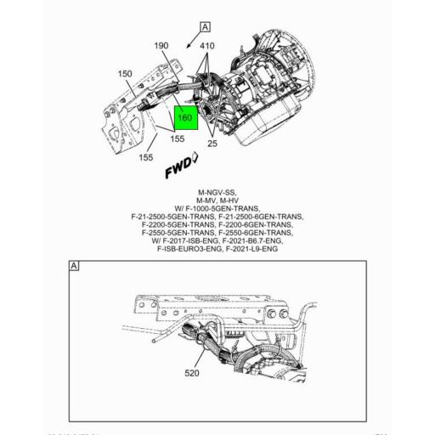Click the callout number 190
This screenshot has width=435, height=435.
coord(161,45)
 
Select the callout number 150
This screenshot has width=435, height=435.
coord(125,75)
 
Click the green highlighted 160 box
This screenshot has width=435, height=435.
coord(185,117)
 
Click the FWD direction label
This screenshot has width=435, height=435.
coord(179,168)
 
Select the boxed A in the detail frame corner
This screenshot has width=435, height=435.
coord(74,267)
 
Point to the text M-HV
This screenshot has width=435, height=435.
coord(238,200)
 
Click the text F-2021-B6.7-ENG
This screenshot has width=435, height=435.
coord(255,241)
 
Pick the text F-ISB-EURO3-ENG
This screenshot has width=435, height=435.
coord(184,250)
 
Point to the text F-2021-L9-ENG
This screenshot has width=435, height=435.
coord(252,250)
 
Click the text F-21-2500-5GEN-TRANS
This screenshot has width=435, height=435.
coord(173,217)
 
